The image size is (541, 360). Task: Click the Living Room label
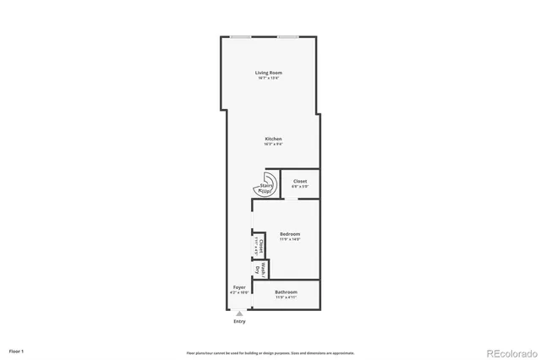tap(269, 73)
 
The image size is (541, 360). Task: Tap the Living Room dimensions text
tap(269, 78)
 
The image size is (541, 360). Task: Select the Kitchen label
tap(273, 139)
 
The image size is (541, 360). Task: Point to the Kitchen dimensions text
tap(273, 144)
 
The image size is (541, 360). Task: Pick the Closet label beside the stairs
tap(300, 181)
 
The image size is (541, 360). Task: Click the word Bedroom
tap(290, 234)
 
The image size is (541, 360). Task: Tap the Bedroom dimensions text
tap(290, 239)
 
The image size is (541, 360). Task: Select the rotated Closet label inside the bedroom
tap(260, 247)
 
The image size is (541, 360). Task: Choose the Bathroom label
tap(286, 292)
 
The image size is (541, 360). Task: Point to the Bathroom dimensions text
tap(286, 297)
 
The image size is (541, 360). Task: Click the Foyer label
tap(239, 287)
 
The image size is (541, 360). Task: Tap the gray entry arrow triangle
tap(239, 314)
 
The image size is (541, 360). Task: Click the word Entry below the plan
tap(239, 322)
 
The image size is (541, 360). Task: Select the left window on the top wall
tap(241, 36)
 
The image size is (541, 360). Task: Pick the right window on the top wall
tap(288, 36)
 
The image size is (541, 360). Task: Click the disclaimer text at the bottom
tap(270, 352)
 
